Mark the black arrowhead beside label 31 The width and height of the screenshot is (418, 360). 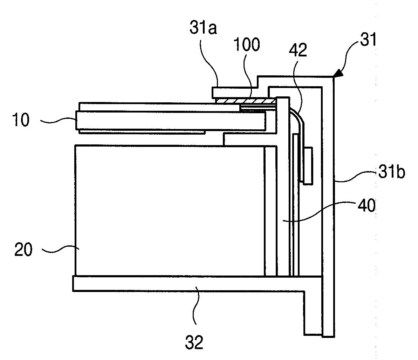pos(338,73)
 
